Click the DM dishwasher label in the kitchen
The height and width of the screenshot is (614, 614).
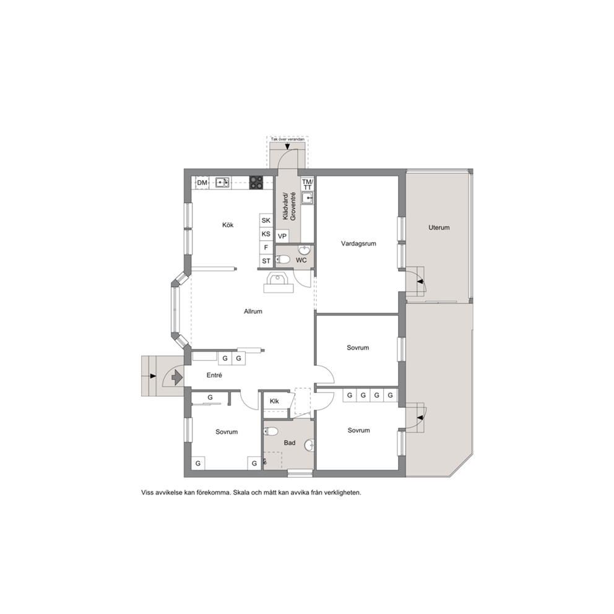202,183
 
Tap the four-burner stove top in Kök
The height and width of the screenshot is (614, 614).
256,183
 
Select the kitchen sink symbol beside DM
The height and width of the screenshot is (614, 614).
222,183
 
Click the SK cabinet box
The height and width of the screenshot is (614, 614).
266,220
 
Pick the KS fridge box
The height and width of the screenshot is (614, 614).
266,234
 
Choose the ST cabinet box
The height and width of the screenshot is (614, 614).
266,261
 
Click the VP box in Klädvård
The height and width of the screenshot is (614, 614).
282,236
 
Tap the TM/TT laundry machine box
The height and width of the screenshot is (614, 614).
308,184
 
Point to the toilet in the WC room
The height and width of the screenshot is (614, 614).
283,259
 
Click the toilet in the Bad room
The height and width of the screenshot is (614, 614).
270,431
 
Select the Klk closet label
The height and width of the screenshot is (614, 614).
274,401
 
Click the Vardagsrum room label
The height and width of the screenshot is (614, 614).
358,244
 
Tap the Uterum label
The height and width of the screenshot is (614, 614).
439,228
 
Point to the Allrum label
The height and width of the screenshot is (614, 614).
253,312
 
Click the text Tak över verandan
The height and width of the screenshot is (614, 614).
287,139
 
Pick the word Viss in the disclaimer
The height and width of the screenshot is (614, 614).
148,493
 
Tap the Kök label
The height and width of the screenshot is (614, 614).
228,225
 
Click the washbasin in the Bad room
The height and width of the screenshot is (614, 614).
309,444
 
